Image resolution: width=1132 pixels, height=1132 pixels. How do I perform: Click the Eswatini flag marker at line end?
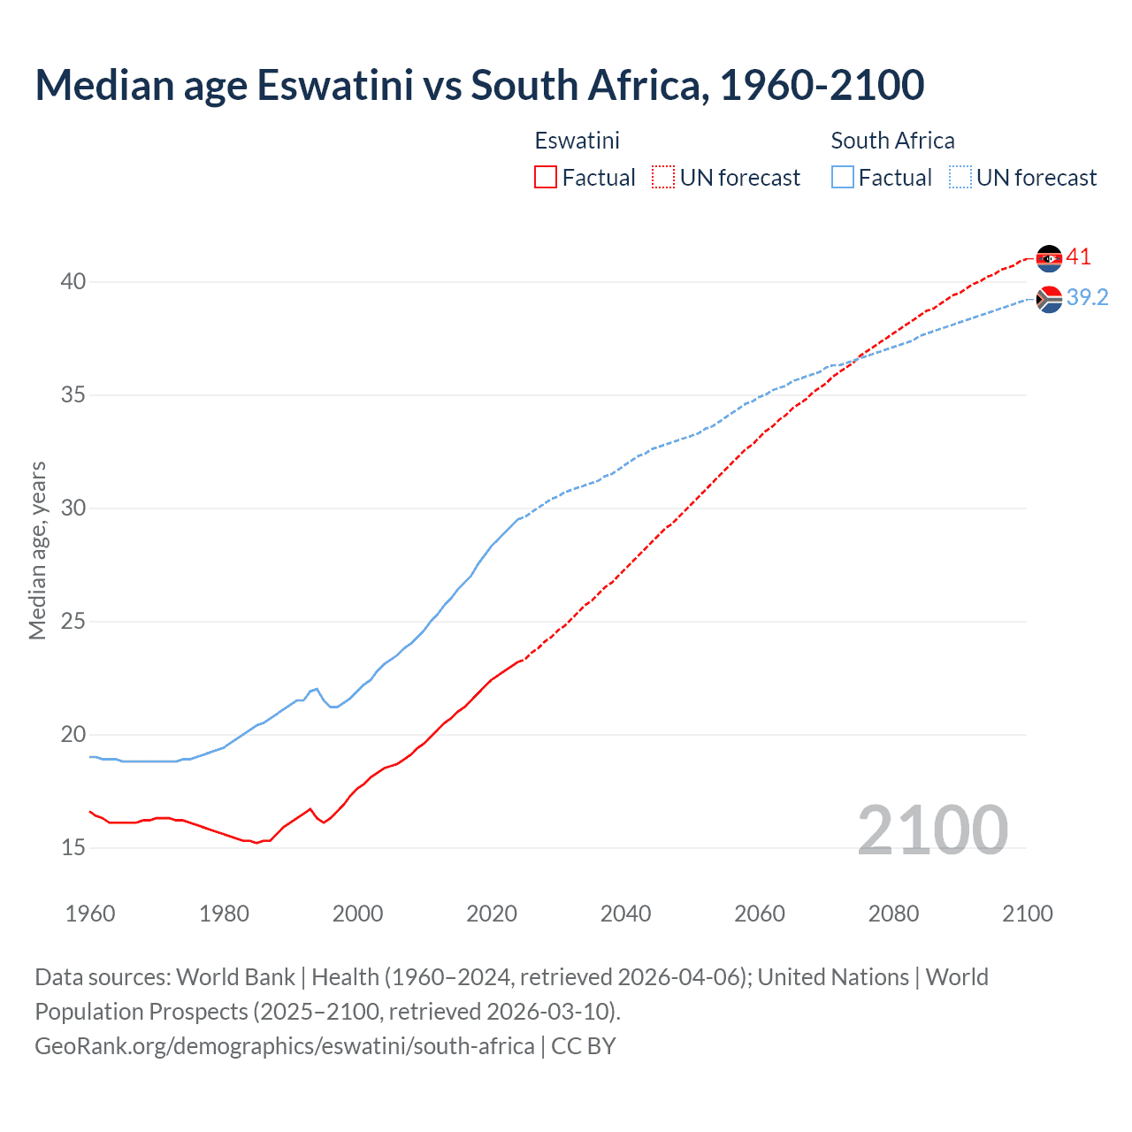1049,258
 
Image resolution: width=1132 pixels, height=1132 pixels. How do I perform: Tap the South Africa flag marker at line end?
1049,300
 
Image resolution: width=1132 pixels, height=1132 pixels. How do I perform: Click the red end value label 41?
1079,257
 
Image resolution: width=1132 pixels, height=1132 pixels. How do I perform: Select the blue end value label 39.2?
1087,298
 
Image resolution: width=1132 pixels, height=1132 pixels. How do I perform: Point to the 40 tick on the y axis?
73,282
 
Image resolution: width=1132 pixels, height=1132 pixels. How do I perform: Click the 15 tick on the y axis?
73,848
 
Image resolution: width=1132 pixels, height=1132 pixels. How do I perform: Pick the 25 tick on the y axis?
73,622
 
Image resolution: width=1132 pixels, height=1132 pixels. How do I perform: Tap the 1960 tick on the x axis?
90,914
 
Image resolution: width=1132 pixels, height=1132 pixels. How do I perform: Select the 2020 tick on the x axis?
492,914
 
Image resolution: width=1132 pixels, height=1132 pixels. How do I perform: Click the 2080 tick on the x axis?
893,914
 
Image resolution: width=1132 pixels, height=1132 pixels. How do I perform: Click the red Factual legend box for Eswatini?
546,178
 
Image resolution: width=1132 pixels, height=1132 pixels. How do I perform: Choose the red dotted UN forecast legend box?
663,178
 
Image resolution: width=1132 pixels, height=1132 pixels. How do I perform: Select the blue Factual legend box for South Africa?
842,178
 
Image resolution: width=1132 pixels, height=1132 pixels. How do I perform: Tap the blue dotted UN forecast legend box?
960,178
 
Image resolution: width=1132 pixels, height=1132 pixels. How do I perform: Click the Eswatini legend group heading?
577,141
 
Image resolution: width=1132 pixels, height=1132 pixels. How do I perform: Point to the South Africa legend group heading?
892,141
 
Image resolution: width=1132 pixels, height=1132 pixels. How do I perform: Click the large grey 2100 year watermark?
932,830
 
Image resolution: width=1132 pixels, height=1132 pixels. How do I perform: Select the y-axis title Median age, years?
37,550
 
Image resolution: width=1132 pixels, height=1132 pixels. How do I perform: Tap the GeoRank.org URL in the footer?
284,1046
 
